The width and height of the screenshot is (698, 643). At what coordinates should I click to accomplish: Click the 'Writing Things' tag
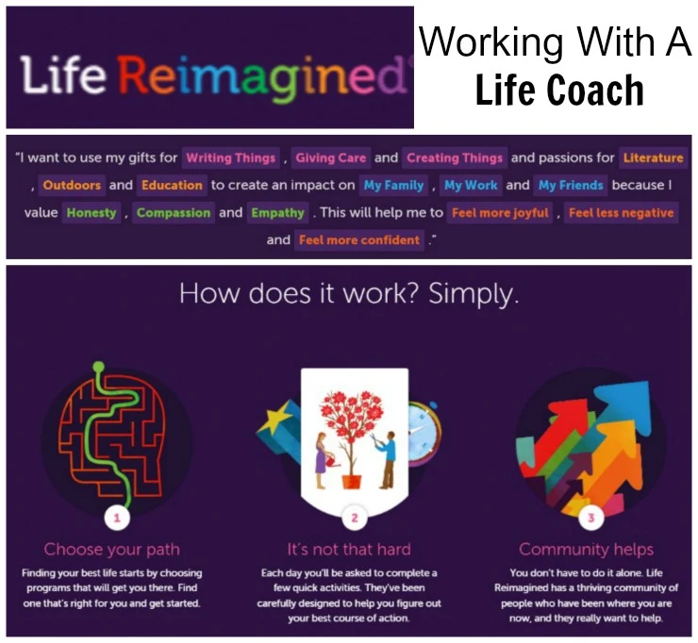pyautogui.click(x=230, y=158)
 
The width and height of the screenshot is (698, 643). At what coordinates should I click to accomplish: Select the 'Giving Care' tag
pyautogui.click(x=331, y=158)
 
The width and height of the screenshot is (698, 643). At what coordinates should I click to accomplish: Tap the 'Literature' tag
pyautogui.click(x=653, y=158)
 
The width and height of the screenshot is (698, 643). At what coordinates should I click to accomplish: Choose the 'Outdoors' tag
pyautogui.click(x=72, y=185)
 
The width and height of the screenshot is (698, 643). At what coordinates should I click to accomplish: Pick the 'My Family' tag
pyautogui.click(x=393, y=185)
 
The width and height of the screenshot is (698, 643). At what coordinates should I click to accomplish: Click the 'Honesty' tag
pyautogui.click(x=91, y=213)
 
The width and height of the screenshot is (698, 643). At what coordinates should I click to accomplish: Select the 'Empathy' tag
pyautogui.click(x=277, y=213)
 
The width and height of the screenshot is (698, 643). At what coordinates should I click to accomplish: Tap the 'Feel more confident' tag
pyautogui.click(x=358, y=240)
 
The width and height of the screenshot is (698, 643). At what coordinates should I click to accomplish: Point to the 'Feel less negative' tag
pyautogui.click(x=621, y=213)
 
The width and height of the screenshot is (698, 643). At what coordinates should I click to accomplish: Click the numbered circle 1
pyautogui.click(x=117, y=518)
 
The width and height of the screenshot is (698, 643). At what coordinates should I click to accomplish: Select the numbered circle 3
pyautogui.click(x=591, y=518)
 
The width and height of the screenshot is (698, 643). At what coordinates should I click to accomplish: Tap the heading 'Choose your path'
pyautogui.click(x=111, y=549)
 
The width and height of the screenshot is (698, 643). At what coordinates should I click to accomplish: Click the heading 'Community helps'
pyautogui.click(x=586, y=549)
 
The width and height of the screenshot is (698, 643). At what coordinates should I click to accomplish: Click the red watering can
pyautogui.click(x=333, y=461)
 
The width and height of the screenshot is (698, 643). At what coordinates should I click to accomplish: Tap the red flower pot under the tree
pyautogui.click(x=351, y=481)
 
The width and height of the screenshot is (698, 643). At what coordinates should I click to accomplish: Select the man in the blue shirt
pyautogui.click(x=389, y=459)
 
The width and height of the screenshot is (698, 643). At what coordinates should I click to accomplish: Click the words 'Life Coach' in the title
pyautogui.click(x=559, y=91)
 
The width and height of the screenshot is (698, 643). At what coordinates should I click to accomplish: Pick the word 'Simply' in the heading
pyautogui.click(x=474, y=295)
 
